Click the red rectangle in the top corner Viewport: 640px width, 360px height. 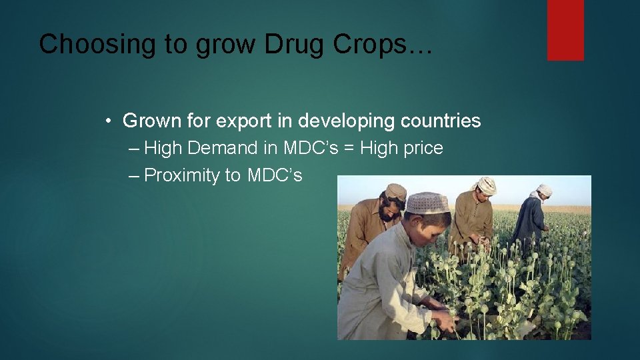click(565, 30)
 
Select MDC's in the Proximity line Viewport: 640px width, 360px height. click(275, 175)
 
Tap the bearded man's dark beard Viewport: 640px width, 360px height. click(389, 212)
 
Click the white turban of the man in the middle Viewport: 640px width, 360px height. click(487, 185)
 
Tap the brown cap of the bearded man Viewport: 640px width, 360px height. click(395, 191)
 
